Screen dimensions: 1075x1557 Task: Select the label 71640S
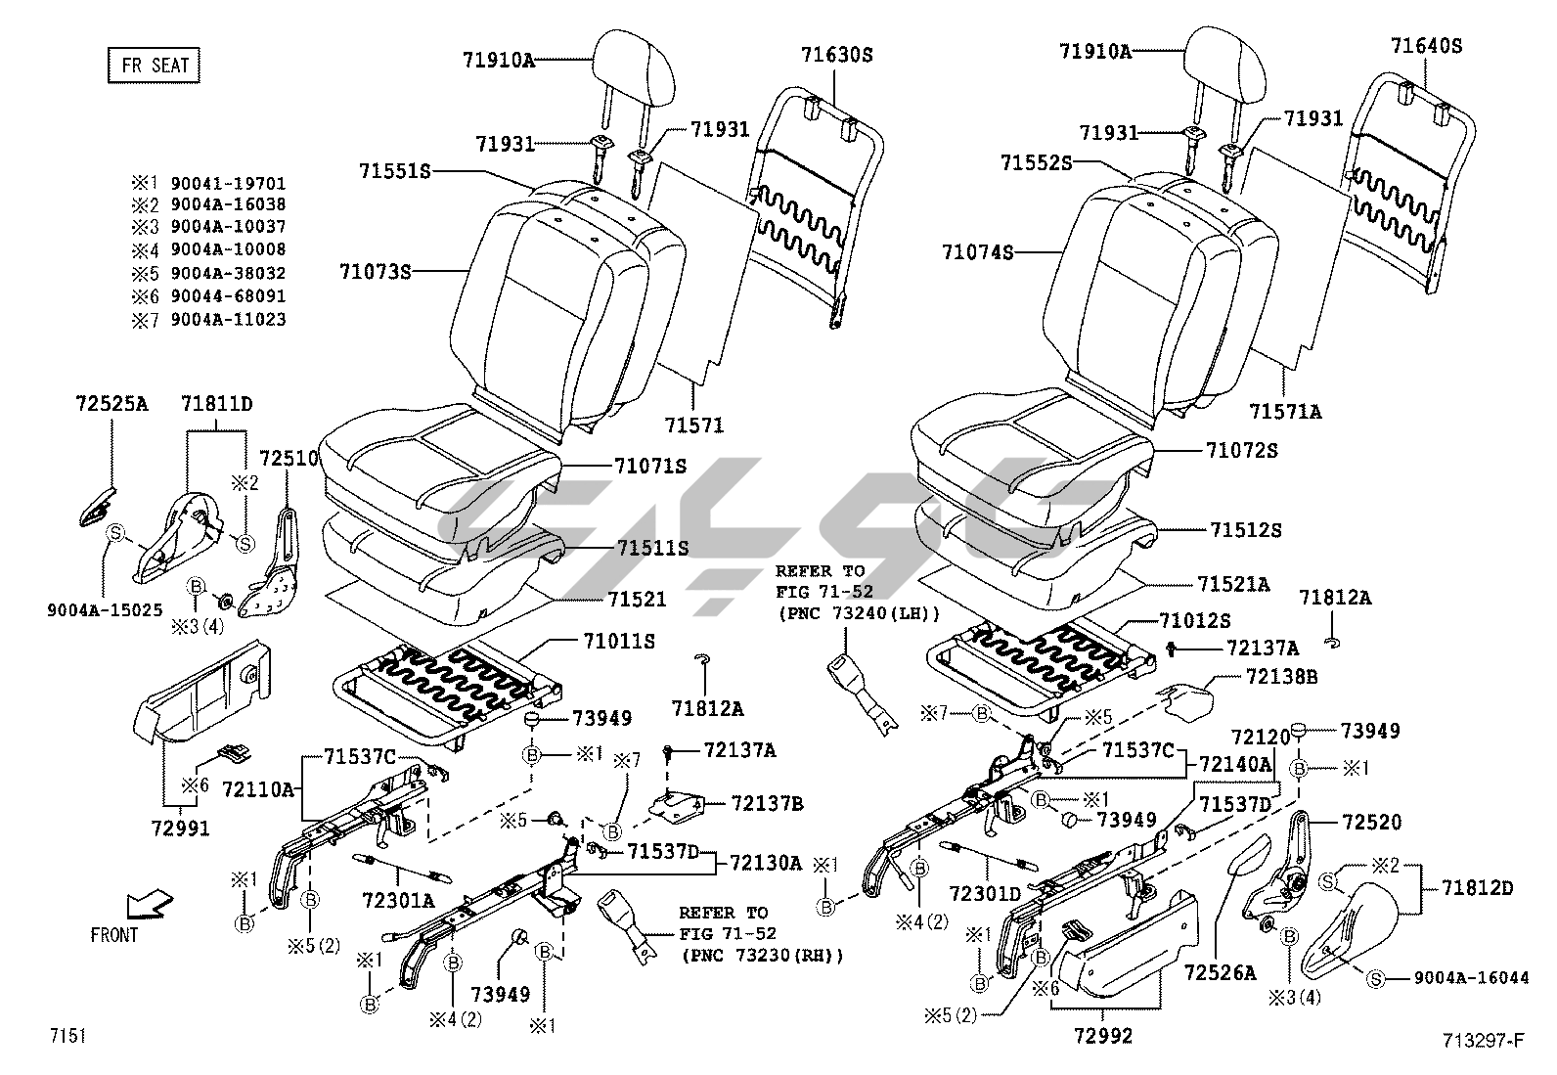pyautogui.click(x=1426, y=46)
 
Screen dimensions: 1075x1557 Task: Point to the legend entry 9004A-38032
pyautogui.click(x=228, y=273)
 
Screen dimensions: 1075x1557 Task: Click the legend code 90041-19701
pyautogui.click(x=228, y=183)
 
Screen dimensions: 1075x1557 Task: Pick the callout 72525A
pyautogui.click(x=111, y=403)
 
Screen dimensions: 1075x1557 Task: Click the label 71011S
pyautogui.click(x=619, y=642)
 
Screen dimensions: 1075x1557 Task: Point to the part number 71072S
pyautogui.click(x=1241, y=450)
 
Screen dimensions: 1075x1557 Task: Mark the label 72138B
pyautogui.click(x=1281, y=676)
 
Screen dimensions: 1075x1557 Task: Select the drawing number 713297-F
pyautogui.click(x=1483, y=1041)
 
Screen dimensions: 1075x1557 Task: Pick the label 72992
pyautogui.click(x=1101, y=1036)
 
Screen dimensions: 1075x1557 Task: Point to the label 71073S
pyautogui.click(x=376, y=271)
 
